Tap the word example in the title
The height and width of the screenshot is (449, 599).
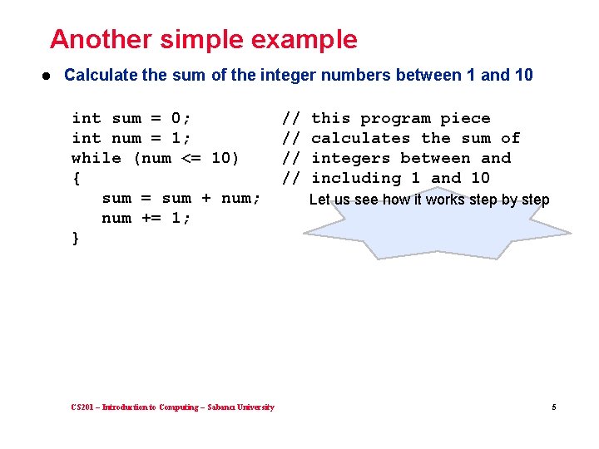coord(308,39)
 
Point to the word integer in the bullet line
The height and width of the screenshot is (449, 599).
coord(290,75)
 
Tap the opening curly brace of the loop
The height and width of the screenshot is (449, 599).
coord(77,178)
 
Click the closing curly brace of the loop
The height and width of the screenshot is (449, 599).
coord(77,238)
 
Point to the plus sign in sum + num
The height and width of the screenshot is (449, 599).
coord(206,198)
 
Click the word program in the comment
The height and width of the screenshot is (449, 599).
coord(395,118)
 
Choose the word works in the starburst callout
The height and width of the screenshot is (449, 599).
coord(444,200)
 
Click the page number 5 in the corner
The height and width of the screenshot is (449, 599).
coord(552,407)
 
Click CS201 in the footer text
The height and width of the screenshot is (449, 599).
coord(83,407)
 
